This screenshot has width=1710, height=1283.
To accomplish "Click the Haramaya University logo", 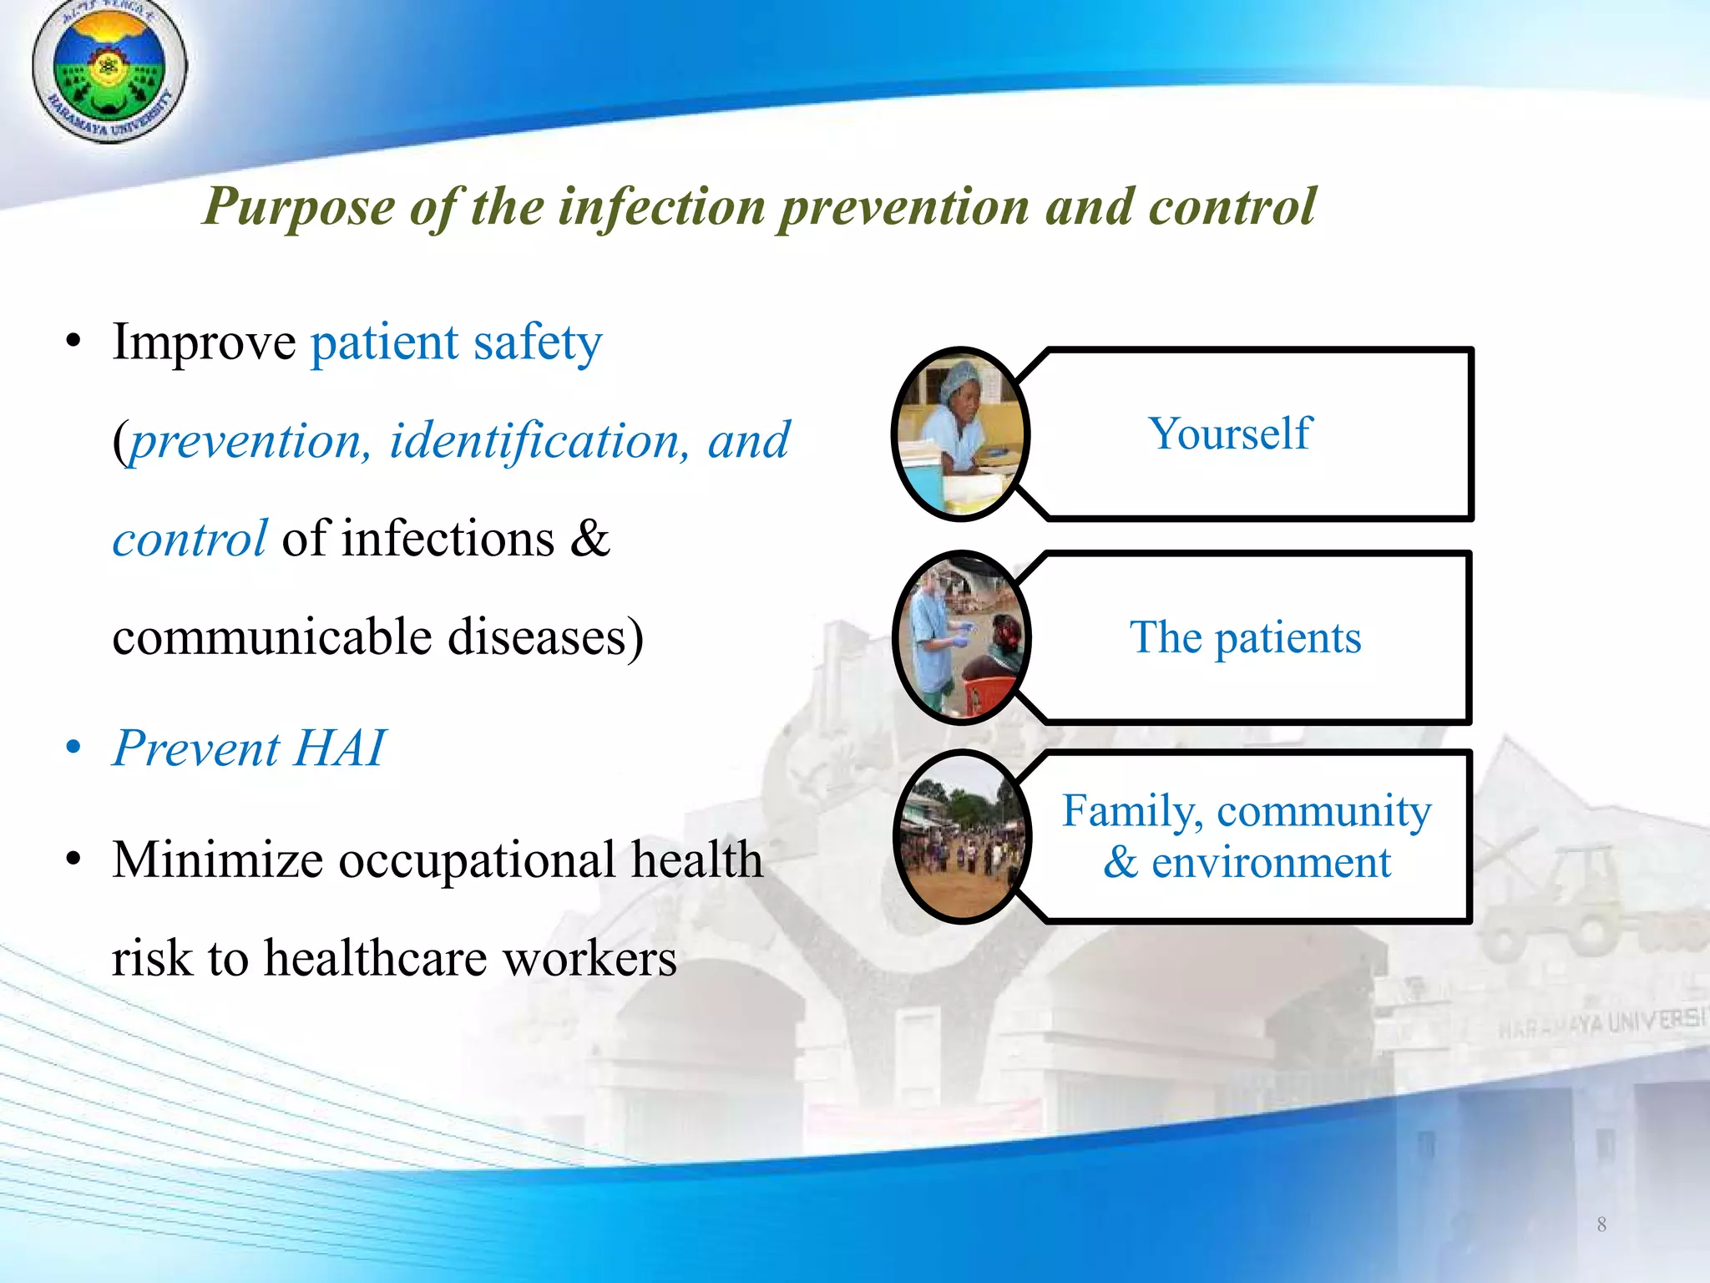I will [x=109, y=70].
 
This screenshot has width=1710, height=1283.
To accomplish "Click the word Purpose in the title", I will [x=299, y=207].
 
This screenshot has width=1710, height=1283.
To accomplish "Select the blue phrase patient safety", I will [x=456, y=342].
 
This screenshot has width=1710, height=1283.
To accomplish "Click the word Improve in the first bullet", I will [x=204, y=342].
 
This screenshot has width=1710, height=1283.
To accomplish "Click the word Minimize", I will [x=217, y=860].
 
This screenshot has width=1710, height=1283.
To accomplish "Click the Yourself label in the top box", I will [x=1230, y=434].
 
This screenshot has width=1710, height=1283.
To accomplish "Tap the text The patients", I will [x=1245, y=638].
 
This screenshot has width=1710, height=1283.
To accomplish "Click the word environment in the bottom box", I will [x=1271, y=863].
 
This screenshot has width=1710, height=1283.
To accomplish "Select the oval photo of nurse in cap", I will [x=960, y=434].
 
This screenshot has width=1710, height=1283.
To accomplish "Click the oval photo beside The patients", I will [x=961, y=638].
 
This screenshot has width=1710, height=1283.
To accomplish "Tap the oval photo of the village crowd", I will [x=961, y=838].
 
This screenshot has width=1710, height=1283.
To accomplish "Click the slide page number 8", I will [x=1601, y=1225].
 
